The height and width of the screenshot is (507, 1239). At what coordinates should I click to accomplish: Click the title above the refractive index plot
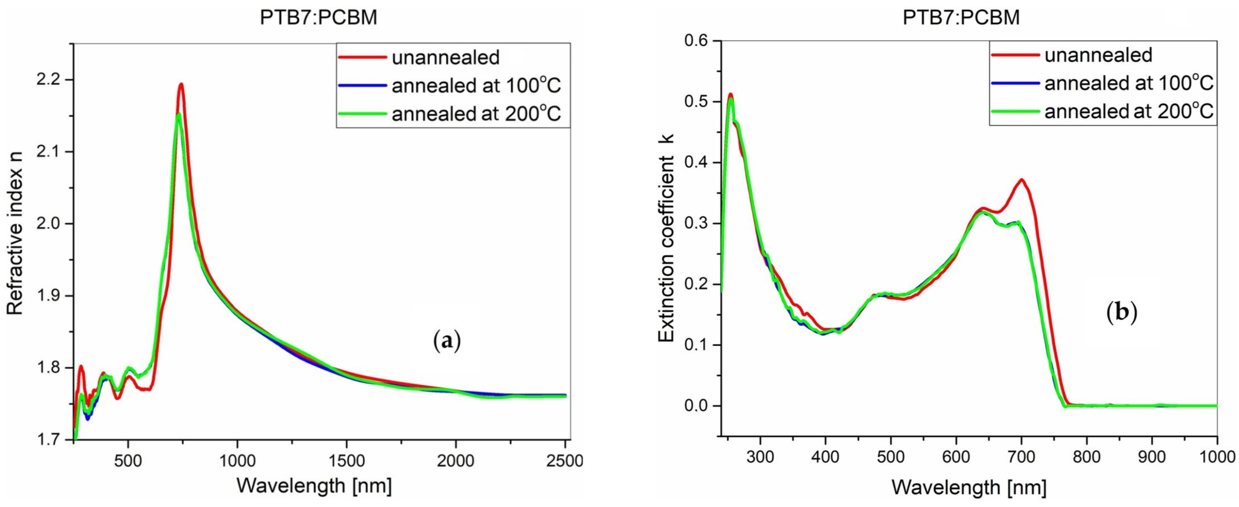[x=318, y=18]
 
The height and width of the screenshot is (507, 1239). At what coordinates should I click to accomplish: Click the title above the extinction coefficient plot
[x=961, y=18]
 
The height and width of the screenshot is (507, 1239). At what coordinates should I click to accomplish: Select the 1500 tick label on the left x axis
[x=346, y=461]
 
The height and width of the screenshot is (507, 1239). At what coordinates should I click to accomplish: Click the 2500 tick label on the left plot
[x=565, y=461]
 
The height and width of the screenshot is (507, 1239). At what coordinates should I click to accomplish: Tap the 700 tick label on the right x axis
[x=1021, y=456]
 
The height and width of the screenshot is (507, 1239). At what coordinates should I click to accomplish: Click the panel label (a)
[x=447, y=341]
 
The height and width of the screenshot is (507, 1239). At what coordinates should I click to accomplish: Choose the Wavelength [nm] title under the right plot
[x=969, y=487]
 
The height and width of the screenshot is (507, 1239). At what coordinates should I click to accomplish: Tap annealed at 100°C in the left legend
[x=476, y=86]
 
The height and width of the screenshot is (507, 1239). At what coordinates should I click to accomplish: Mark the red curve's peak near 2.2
[x=181, y=85]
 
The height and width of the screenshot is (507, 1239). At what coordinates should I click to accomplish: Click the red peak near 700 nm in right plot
[x=1021, y=180]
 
